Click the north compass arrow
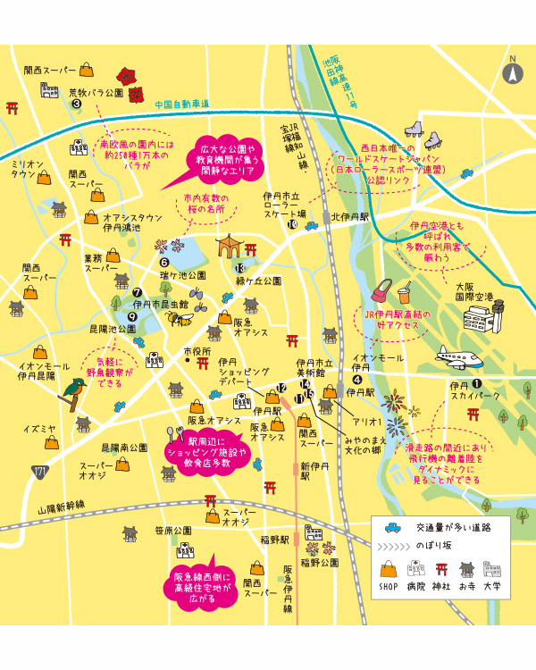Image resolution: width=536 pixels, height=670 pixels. pyautogui.click(x=513, y=72)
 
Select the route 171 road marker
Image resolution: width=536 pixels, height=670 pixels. pyautogui.click(x=39, y=471)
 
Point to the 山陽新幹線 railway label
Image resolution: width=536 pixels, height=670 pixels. pyautogui.click(x=62, y=506)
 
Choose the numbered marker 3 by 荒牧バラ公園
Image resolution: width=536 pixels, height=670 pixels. pyautogui.click(x=77, y=104)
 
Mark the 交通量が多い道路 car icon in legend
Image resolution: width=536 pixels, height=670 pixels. pyautogui.click(x=391, y=526)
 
